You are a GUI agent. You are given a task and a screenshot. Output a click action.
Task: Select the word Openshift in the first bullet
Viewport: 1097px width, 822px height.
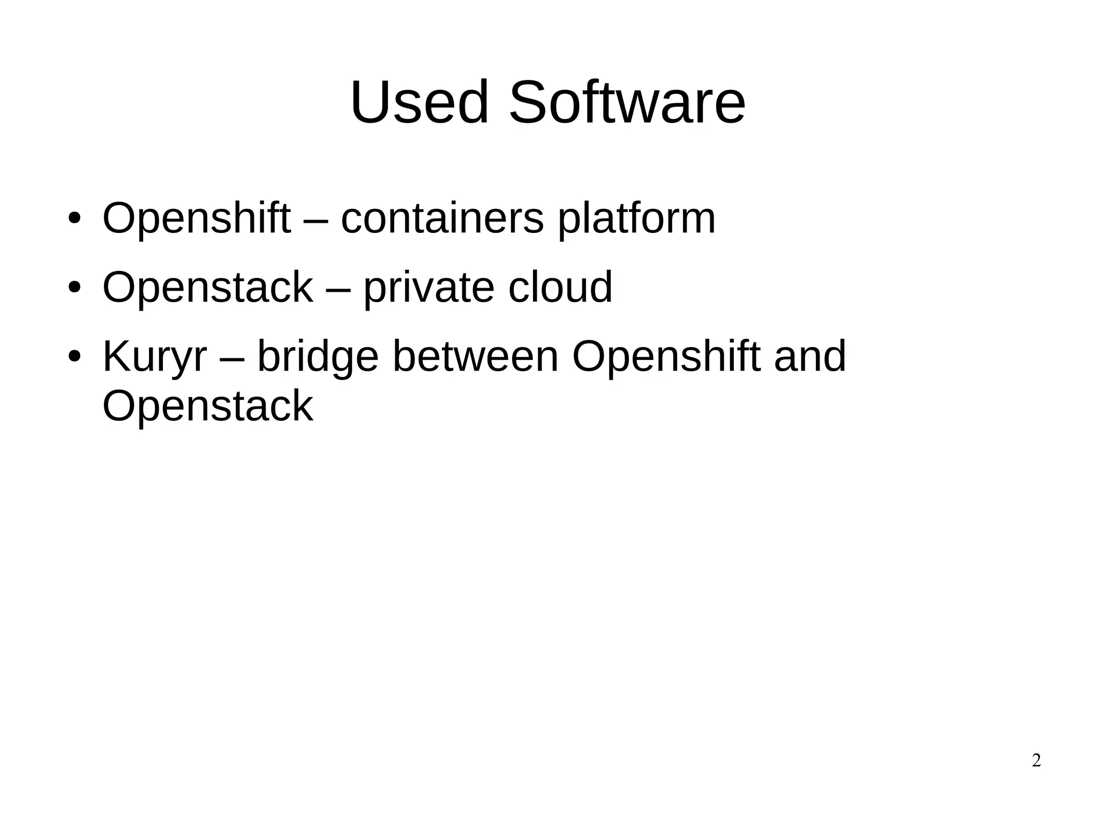coord(196,218)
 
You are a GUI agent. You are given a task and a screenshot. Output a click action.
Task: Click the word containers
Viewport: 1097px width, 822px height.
coord(442,218)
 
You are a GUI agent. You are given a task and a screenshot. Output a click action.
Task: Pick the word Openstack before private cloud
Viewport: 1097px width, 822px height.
coord(207,287)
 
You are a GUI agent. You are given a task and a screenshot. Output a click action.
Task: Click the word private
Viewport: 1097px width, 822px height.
coord(429,288)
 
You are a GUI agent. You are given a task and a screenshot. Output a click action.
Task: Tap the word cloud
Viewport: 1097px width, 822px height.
coord(560,287)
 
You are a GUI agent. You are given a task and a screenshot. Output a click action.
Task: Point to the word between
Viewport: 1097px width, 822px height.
coord(476,357)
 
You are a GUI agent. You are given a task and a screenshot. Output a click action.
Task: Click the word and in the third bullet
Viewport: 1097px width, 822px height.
coord(810,357)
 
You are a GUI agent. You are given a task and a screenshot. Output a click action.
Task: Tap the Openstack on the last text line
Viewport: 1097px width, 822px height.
coord(207,406)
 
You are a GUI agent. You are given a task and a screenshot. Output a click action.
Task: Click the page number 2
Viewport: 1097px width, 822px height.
coord(1036,760)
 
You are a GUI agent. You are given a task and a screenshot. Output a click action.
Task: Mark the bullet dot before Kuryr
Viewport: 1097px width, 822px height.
coord(74,356)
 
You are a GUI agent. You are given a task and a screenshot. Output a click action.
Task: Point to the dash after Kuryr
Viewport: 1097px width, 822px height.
coord(232,358)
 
